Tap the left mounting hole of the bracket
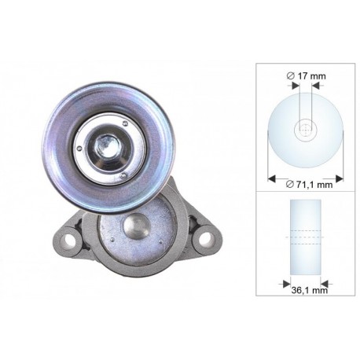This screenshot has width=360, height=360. coord(68,239)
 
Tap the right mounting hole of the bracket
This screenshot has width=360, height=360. coord(206,239)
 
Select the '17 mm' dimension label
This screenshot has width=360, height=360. coord(311,76)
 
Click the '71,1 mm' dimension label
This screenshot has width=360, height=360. coord(314,185)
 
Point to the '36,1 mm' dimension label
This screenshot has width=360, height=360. coord(310,290)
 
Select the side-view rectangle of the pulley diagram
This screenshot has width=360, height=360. coord(306,237)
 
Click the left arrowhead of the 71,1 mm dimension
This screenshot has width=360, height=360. coord(272,178)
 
